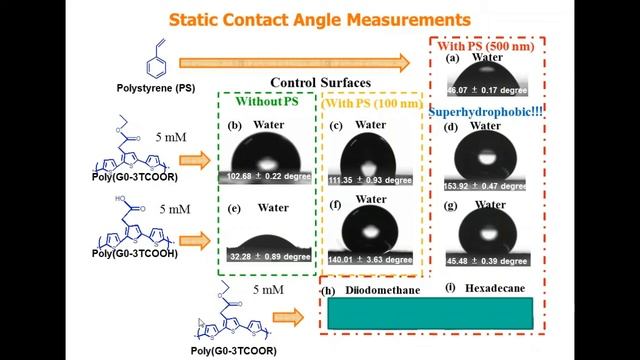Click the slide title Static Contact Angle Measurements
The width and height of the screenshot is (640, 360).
coord(319,19)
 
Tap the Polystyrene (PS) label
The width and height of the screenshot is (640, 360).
coord(157,88)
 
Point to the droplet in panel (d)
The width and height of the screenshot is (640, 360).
coord(487,158)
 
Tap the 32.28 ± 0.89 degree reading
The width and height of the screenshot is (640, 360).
coord(265,256)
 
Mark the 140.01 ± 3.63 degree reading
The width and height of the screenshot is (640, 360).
coord(371,256)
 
